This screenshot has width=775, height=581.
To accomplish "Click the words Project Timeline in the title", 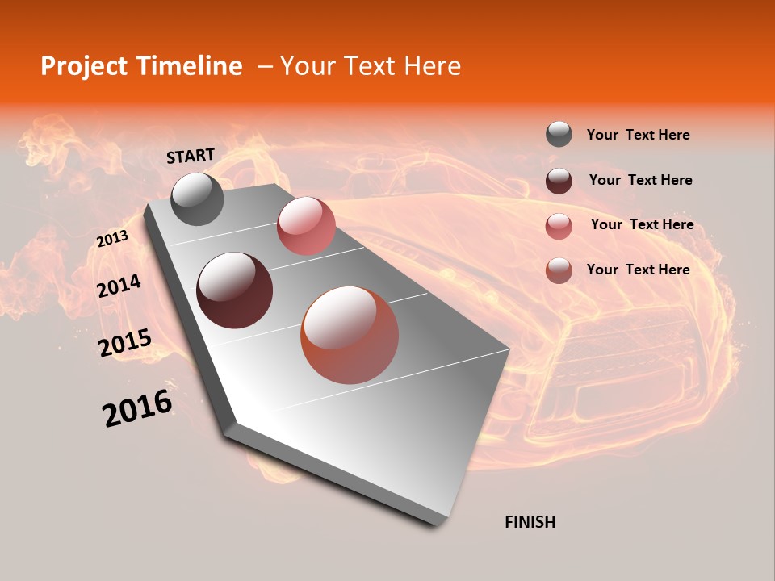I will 141,66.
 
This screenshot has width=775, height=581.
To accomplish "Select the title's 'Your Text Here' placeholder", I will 371,66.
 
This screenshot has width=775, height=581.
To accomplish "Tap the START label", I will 191,156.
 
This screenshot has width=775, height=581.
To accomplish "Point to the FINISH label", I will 530,522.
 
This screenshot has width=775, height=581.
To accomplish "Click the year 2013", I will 112,239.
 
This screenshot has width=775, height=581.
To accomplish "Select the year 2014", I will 119,286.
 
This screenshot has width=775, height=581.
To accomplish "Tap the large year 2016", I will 137,408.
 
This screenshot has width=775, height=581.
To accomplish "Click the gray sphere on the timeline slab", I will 197,199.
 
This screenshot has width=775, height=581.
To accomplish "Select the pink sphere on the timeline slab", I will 306,226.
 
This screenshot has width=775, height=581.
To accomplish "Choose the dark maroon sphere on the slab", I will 235,290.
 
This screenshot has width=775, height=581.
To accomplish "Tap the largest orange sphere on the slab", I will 350,335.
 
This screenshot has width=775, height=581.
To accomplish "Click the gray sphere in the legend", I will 559,135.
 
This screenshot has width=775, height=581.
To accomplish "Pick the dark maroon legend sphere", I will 559,181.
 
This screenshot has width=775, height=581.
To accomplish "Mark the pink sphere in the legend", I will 559,226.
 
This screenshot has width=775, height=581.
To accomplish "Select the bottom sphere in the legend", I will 559,270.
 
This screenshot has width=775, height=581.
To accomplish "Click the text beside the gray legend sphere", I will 638,135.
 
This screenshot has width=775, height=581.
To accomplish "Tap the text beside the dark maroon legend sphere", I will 640,180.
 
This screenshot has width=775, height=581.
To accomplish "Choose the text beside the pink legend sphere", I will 642,224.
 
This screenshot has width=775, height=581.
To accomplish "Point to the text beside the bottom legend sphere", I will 638,270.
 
